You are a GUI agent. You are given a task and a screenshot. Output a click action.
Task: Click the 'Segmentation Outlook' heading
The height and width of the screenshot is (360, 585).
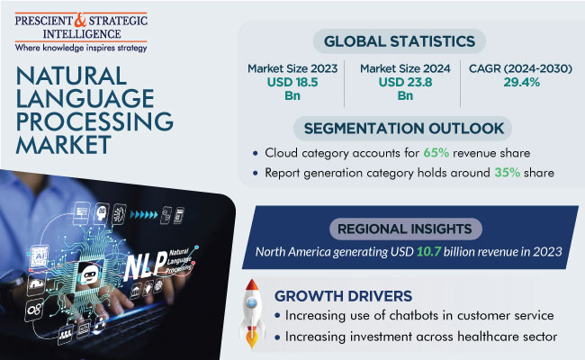[x=401, y=128]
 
